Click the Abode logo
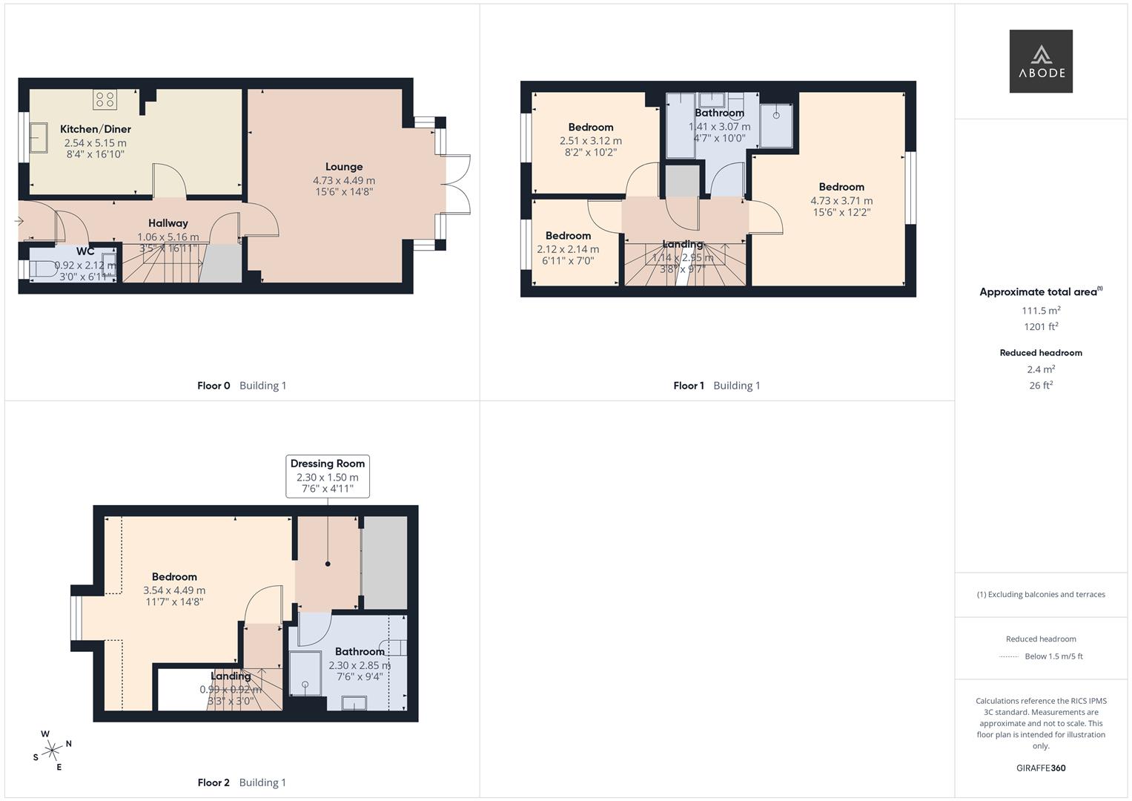1041,62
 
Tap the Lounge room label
344,167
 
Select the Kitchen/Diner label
96,129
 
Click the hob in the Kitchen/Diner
105,99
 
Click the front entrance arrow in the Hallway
19,221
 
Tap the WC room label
85,251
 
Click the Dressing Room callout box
328,475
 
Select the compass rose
52,751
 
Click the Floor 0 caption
214,386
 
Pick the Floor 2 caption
214,782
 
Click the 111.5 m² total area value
1041,311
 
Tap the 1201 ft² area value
1041,326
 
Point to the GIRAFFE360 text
1041,768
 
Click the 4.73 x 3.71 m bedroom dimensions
841,200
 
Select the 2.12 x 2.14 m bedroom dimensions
568,249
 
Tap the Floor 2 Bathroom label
360,652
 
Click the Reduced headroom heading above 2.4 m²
1041,353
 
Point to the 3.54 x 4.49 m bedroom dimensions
174,590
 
